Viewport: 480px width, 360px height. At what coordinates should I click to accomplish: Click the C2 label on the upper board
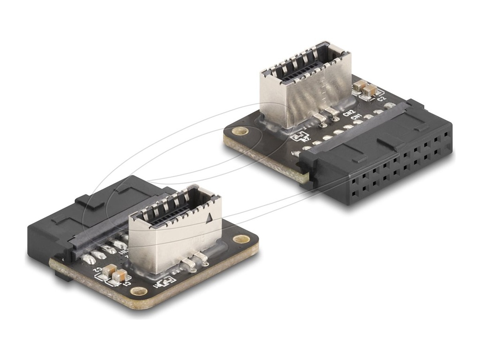(382, 99)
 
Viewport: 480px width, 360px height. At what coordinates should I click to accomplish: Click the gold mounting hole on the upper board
(240, 131)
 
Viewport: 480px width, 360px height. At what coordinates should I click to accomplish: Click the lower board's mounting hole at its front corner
(138, 291)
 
